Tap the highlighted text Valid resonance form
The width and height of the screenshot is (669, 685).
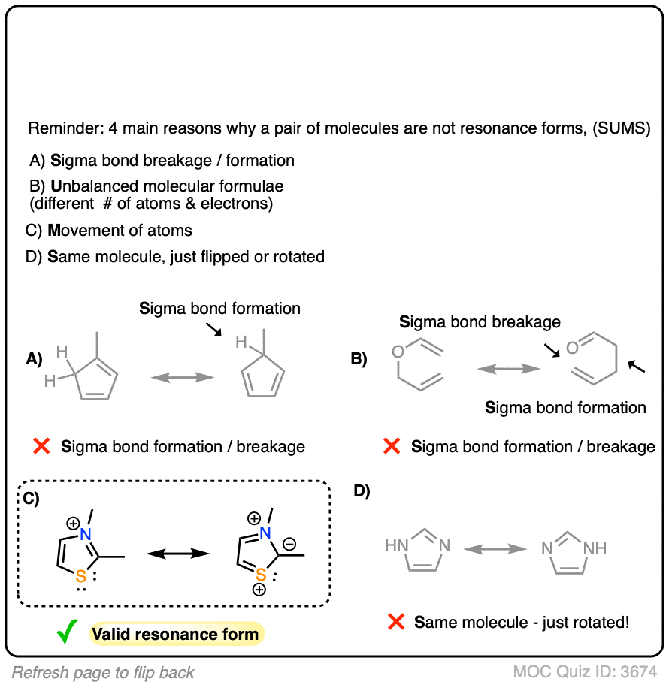click(x=175, y=634)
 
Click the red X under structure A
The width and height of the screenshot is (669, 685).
click(x=42, y=446)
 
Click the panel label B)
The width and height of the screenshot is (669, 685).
click(x=359, y=359)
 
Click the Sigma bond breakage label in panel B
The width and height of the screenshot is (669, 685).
click(x=480, y=322)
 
